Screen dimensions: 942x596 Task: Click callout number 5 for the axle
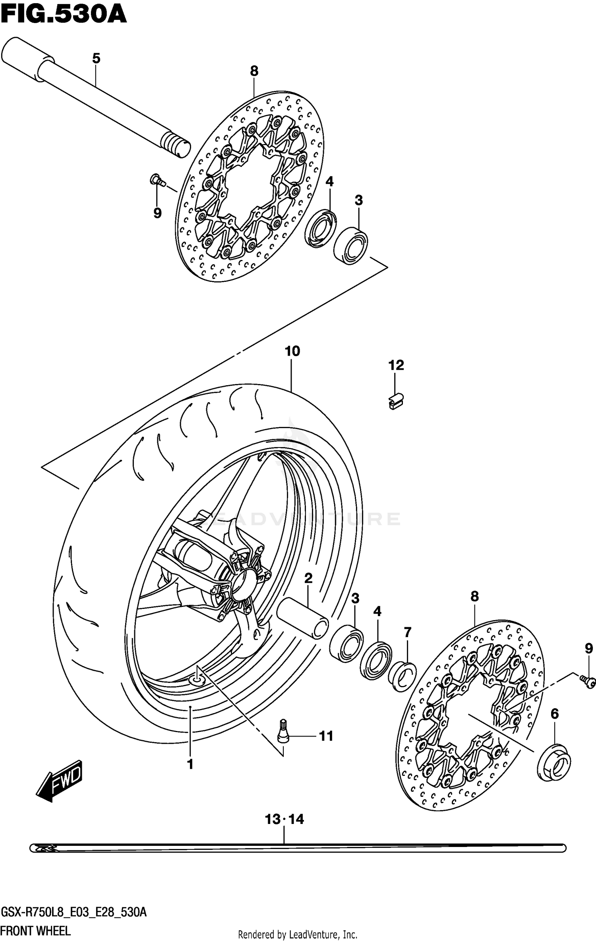96,59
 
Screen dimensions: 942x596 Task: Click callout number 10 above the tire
292,351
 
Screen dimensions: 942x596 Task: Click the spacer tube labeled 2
303,617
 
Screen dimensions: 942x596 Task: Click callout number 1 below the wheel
190,764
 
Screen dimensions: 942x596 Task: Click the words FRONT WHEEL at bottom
36,930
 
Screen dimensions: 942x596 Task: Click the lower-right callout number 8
474,596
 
